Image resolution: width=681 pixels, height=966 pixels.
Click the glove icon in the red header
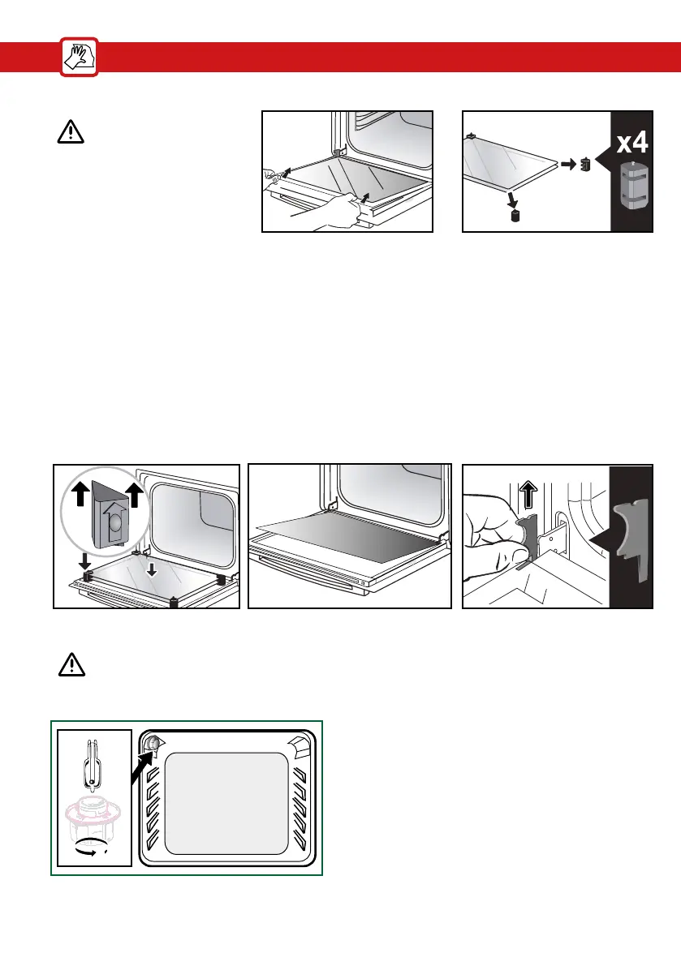79,58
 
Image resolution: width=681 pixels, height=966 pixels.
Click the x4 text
633,144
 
